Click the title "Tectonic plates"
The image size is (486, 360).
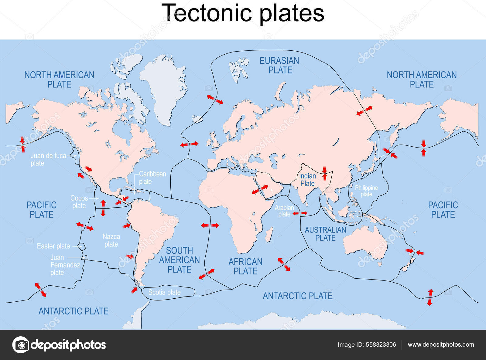(x=243, y=13)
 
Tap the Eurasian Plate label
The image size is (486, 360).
(x=279, y=65)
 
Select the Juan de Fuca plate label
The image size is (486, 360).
(x=48, y=159)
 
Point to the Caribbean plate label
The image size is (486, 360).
(x=152, y=178)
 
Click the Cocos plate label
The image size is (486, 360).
(x=79, y=202)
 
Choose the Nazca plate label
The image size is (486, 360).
(x=111, y=240)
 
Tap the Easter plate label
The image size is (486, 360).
(x=53, y=246)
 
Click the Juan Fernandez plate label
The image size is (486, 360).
(x=65, y=265)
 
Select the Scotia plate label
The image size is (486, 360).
(x=164, y=292)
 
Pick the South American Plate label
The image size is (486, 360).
(x=180, y=260)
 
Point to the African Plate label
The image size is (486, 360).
(x=245, y=266)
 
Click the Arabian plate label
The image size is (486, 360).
(x=284, y=211)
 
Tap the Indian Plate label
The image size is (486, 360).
(x=307, y=180)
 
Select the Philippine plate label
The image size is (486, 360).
(x=366, y=191)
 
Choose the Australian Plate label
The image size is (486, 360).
(x=325, y=234)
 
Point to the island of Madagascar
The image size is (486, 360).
(x=269, y=235)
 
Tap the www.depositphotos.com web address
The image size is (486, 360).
(x=441, y=345)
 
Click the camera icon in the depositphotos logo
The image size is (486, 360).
(x=21, y=345)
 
